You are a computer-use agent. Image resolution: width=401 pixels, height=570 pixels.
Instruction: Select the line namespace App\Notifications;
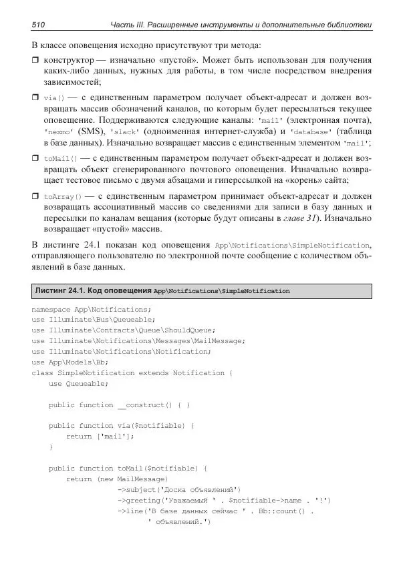[x=92, y=310]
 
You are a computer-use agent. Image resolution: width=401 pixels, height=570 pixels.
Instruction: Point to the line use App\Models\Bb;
[x=70, y=362]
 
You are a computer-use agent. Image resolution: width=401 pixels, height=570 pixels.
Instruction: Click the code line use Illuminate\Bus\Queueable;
[x=98, y=320]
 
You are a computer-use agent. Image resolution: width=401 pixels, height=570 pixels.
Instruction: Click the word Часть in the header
[x=123, y=25]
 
